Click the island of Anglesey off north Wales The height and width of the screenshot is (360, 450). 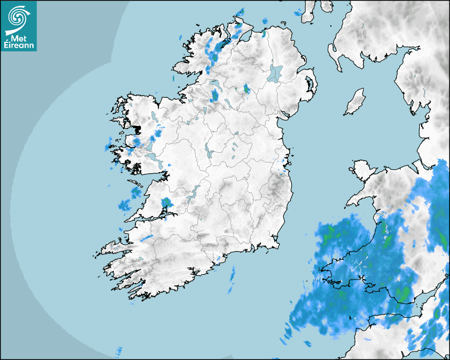(x=361, y=169)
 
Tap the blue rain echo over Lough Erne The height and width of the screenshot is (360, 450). (x=215, y=95)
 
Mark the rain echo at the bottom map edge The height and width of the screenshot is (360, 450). (x=119, y=352)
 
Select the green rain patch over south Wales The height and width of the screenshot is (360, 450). (x=403, y=294)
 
